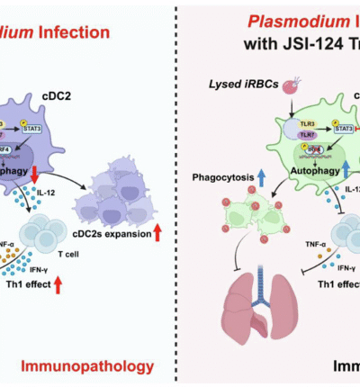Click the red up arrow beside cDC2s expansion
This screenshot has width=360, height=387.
167,235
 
